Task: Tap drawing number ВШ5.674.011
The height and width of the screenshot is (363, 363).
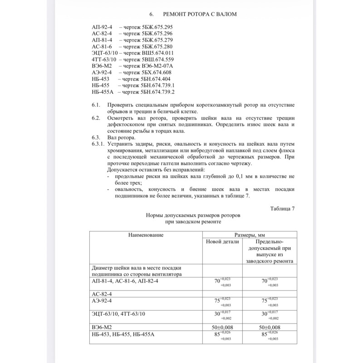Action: tap(159, 53)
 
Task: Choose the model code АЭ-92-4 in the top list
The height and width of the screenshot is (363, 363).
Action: tap(103, 72)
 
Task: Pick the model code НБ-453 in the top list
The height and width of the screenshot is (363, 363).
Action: tap(100, 78)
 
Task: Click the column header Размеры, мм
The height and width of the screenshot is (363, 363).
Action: tap(249, 235)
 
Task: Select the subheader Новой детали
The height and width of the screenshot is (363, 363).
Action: tap(222, 242)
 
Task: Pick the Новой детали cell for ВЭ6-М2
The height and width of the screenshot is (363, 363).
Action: tap(222, 327)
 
